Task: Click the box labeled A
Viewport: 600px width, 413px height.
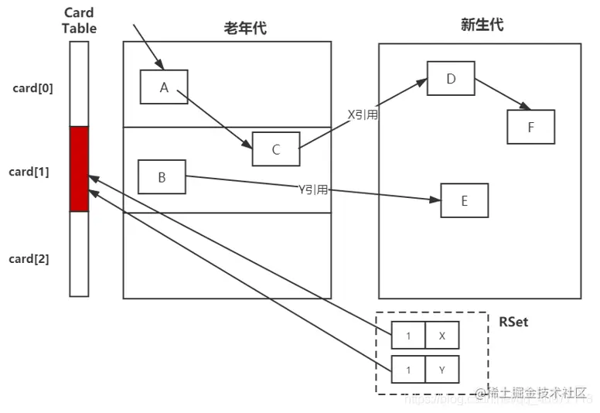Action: pyautogui.click(x=164, y=87)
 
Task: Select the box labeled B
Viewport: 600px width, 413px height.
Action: pyautogui.click(x=162, y=177)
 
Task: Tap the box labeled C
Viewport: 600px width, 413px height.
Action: pyautogui.click(x=275, y=149)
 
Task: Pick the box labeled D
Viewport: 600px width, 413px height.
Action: pyautogui.click(x=451, y=78)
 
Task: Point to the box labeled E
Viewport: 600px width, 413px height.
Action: pyautogui.click(x=464, y=200)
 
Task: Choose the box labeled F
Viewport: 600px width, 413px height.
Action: pyautogui.click(x=530, y=127)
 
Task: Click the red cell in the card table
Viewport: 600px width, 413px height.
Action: pyautogui.click(x=79, y=169)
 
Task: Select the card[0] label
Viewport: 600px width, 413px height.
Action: pyautogui.click(x=33, y=87)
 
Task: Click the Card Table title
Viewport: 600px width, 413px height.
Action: pyautogui.click(x=79, y=21)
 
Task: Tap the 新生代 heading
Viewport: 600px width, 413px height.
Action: pyautogui.click(x=482, y=25)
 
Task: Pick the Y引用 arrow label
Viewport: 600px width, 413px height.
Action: pyautogui.click(x=313, y=188)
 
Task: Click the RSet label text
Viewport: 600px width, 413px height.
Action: pyautogui.click(x=513, y=321)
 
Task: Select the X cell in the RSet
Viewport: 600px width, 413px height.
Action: pyautogui.click(x=441, y=336)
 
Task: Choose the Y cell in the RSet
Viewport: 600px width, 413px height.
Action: pyautogui.click(x=441, y=370)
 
